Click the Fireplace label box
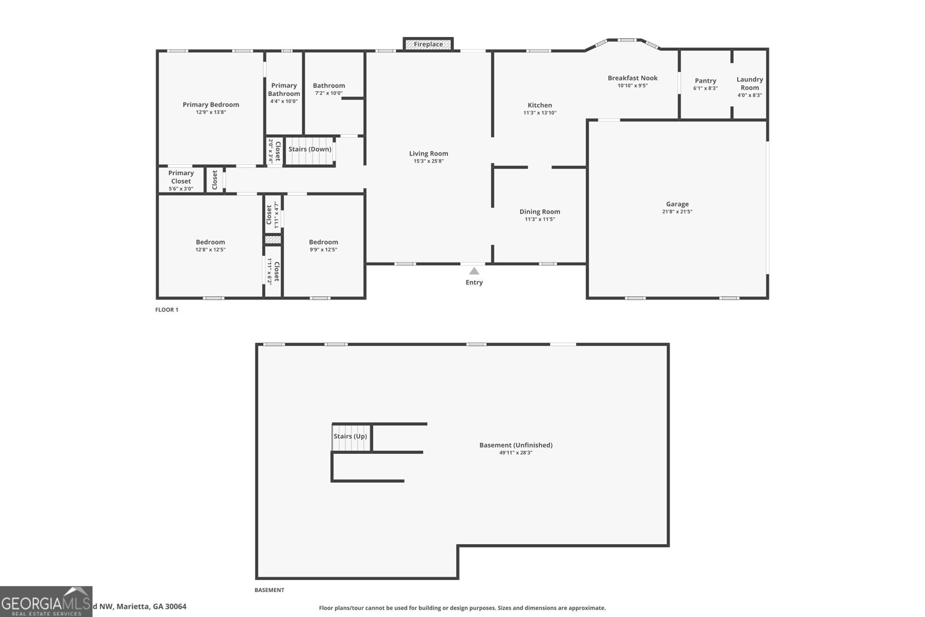[428, 45]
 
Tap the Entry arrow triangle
[474, 271]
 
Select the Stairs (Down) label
[310, 149]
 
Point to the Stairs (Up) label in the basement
[350, 437]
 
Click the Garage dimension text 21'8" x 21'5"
[677, 212]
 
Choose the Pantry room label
[705, 81]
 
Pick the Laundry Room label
[750, 83]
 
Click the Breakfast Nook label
[632, 78]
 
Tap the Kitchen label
[539, 105]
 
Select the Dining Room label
[539, 212]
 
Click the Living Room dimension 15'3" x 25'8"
[428, 161]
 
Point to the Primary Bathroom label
[284, 90]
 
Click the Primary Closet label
[181, 177]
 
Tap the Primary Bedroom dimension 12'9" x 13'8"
[210, 112]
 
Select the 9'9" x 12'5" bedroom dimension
[323, 250]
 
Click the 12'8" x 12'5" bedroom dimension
[210, 250]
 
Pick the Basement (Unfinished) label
[516, 445]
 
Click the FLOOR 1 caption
[166, 310]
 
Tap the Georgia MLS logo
[46, 601]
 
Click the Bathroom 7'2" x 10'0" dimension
[328, 93]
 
